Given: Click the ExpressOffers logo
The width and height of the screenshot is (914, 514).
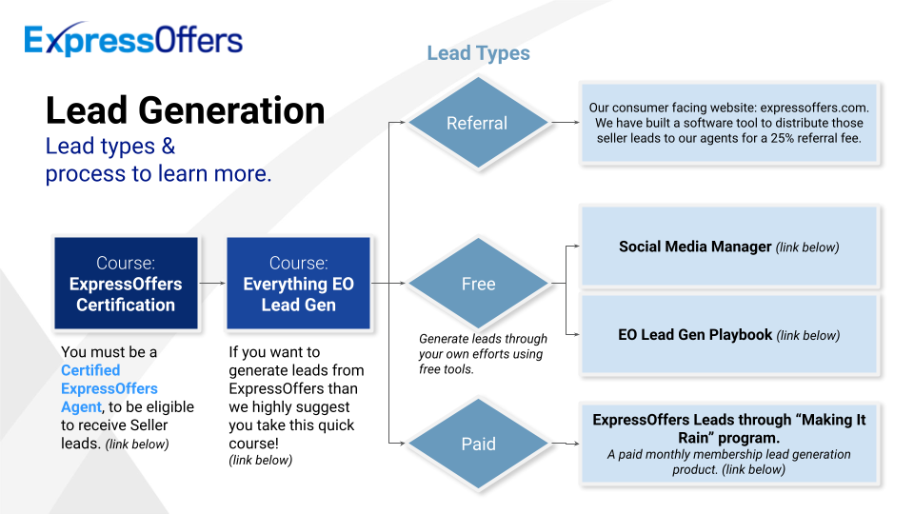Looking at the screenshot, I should coord(133,39).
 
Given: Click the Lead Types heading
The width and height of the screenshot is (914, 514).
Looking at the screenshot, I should coord(478,53).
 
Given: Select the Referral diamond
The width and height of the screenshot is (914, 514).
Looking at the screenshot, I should coord(478,123).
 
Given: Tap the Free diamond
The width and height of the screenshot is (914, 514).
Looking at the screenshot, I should coord(478,284).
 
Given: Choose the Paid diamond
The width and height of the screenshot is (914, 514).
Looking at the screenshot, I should coord(478,444).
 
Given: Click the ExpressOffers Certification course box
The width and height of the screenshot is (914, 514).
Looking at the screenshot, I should coord(126,284).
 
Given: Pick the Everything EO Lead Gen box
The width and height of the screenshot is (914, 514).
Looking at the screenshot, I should coord(298,284).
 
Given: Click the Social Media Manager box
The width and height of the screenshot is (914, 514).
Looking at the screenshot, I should coord(728,247).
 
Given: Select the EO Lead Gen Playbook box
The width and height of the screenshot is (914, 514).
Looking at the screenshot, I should coord(728,335).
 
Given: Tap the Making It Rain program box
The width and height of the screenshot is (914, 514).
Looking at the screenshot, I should coord(728,444).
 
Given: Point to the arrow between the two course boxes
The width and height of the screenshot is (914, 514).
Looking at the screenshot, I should coord(212,284).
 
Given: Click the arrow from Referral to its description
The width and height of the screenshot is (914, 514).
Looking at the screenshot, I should coord(566,123).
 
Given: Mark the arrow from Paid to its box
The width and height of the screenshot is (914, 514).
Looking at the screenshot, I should coord(566,444).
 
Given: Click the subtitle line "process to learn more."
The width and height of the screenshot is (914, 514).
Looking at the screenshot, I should coord(159,174).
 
